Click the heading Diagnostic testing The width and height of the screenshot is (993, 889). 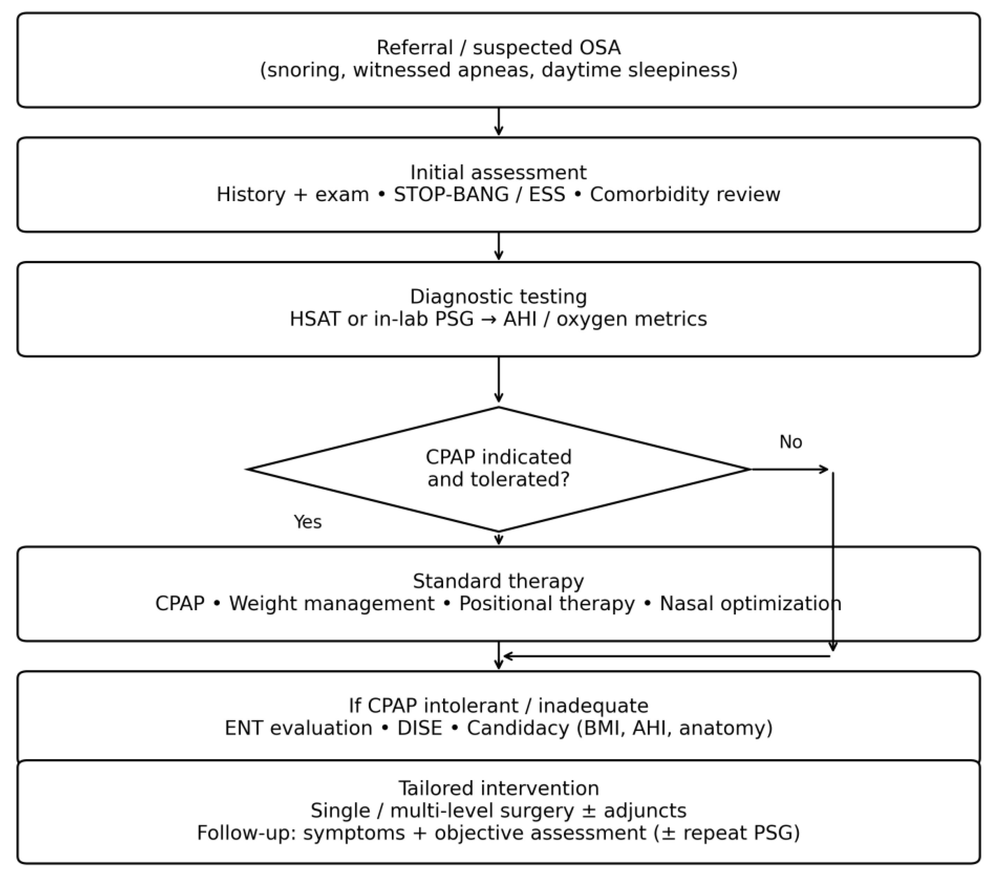point(498,297)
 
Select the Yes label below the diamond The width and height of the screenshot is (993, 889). point(307,522)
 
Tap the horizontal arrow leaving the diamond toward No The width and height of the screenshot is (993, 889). point(789,469)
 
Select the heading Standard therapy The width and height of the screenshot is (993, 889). point(498,581)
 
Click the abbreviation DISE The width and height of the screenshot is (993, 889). point(419,728)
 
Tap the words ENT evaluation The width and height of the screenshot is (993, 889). point(298,728)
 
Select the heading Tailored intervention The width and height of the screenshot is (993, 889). point(498,788)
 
